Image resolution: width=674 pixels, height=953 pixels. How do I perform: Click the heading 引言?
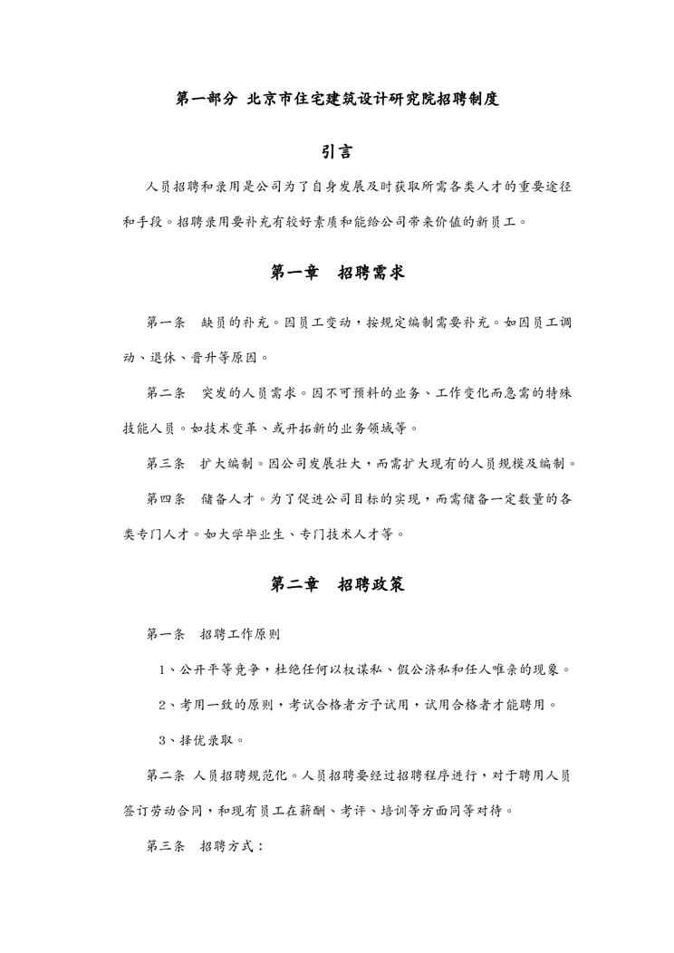pyautogui.click(x=337, y=151)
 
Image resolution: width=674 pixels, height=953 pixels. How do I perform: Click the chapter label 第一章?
pyautogui.click(x=294, y=272)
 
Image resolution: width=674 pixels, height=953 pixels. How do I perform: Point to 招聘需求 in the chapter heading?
pyautogui.click(x=371, y=272)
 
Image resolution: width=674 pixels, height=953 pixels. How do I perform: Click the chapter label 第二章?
pyautogui.click(x=294, y=585)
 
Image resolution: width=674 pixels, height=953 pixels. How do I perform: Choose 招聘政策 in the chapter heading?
pyautogui.click(x=371, y=585)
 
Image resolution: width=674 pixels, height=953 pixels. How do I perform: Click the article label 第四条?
pyautogui.click(x=166, y=499)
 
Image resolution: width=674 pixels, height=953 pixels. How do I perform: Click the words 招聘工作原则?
pyautogui.click(x=240, y=635)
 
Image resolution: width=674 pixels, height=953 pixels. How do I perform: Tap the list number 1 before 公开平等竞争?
pyautogui.click(x=161, y=670)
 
